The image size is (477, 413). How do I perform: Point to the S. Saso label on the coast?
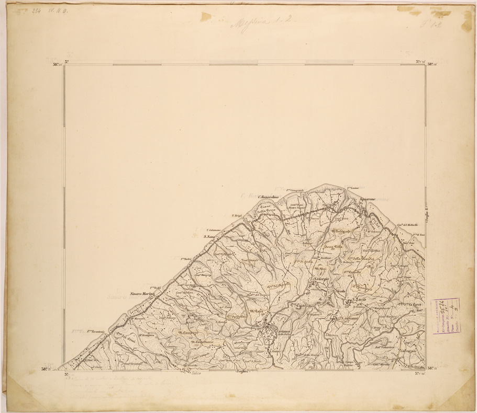(209, 237)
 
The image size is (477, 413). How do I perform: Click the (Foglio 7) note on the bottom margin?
(244, 372)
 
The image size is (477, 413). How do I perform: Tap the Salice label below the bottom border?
(196, 372)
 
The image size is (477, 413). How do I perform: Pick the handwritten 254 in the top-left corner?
(37, 10)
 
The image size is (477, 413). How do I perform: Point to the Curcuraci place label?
(408, 352)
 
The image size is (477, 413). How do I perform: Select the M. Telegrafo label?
(343, 230)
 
